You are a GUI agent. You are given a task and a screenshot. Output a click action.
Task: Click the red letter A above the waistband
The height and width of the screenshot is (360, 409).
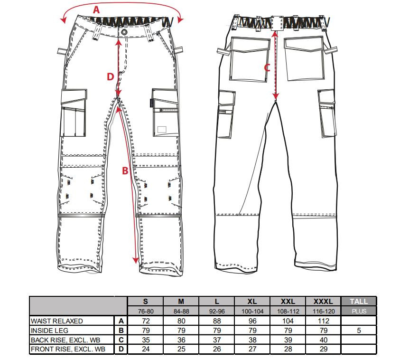pos(96,10)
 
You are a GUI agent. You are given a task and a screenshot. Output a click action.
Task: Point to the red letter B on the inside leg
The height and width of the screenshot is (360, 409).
pos(125,171)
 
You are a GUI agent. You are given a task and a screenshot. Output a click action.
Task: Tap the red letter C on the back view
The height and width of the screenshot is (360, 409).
pos(267,68)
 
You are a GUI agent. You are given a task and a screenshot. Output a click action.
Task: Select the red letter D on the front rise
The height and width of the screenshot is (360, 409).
pos(111,77)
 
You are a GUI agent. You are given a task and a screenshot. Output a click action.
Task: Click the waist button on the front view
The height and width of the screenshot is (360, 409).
pos(124,32)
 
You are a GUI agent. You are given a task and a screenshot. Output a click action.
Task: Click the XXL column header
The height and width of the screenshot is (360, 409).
pos(288,302)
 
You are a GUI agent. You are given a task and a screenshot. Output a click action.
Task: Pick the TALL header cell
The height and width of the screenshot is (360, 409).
pos(359,302)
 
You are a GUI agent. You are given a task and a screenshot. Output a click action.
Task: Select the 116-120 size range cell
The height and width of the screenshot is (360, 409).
pos(324,311)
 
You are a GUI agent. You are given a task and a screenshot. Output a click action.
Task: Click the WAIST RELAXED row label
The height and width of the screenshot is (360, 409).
pos(56,321)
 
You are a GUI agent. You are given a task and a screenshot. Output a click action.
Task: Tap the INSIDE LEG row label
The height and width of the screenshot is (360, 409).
pos(49,331)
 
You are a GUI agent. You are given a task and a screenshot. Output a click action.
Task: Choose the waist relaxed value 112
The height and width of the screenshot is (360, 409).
pos(324,321)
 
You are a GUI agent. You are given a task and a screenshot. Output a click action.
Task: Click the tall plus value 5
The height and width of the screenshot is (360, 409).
pos(359,331)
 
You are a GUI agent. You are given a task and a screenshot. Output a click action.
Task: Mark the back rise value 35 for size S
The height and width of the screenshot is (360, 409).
pos(146,340)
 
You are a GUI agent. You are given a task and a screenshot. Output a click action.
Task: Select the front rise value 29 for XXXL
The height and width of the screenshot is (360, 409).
pos(324,349)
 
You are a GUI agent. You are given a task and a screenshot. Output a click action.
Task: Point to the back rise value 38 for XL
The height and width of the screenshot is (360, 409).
pos(252,340)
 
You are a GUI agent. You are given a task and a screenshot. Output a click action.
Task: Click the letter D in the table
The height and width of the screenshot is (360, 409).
pos(121,349)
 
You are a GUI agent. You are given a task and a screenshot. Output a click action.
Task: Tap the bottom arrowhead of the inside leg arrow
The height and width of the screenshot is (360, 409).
pos(135,260)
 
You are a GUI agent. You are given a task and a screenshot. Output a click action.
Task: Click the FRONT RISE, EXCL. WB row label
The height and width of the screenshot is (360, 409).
pos(68,349)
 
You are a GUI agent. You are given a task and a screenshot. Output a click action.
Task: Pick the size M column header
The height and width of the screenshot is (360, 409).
pos(181,302)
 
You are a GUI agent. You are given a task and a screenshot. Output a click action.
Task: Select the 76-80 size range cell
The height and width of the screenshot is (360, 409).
pos(146,311)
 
